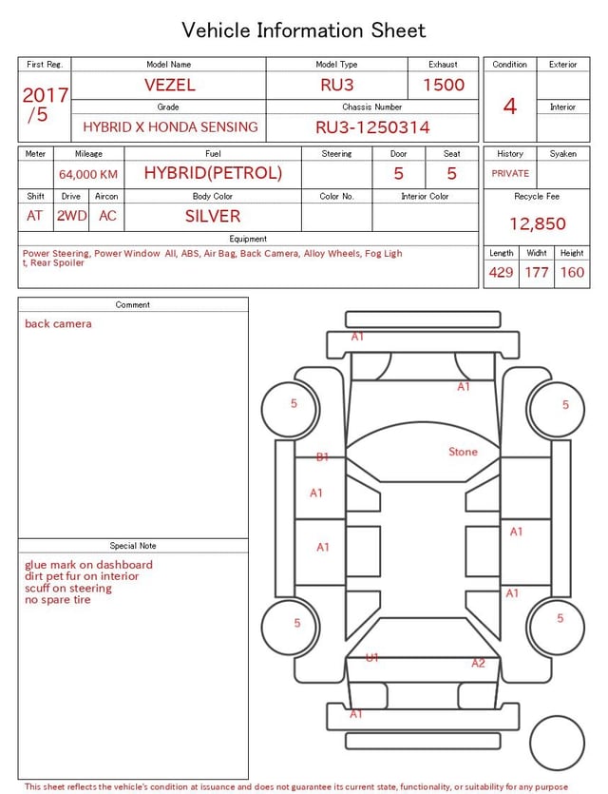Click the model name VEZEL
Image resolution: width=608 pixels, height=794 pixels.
[x=169, y=85]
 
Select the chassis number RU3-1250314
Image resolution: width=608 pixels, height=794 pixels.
[x=372, y=127]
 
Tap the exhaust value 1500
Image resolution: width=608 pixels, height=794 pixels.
[x=444, y=85]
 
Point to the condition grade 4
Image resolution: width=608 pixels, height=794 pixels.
[x=510, y=106]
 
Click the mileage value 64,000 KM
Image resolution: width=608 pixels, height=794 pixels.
[x=88, y=174]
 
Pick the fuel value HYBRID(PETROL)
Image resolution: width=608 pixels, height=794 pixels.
[x=213, y=173]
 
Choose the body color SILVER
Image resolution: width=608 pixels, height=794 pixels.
[x=213, y=216]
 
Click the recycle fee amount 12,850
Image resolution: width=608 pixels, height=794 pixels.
[x=538, y=223]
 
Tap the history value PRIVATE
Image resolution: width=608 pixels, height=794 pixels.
[x=510, y=173]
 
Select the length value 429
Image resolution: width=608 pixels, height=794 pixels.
[x=501, y=272]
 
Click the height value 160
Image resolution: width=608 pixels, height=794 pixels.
[x=572, y=272]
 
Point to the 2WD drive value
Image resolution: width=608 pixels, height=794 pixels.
[x=71, y=216]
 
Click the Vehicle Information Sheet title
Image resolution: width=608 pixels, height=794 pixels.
[x=304, y=30]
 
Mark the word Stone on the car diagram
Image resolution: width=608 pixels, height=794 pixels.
[x=463, y=452]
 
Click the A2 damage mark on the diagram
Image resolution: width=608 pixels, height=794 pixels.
[x=478, y=663]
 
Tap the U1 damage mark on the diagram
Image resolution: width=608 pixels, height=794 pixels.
[x=372, y=657]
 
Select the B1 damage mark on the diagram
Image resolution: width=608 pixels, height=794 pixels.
[x=323, y=457]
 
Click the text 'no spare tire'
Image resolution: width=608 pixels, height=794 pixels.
[x=58, y=600]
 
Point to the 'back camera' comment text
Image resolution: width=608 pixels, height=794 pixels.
[x=58, y=324]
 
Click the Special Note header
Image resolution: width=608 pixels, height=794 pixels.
[x=133, y=546]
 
